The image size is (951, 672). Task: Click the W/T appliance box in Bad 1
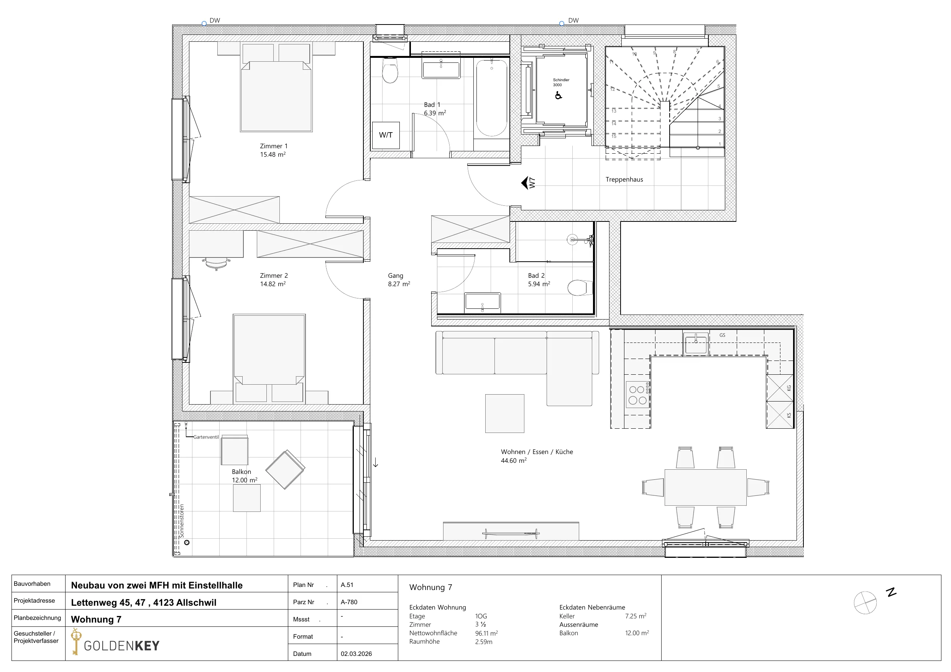386,135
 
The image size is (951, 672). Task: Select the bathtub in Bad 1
492,98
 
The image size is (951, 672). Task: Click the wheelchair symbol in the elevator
558,95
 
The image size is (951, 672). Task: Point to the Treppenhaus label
624,179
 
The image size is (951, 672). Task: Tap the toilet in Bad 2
580,287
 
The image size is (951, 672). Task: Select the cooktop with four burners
637,395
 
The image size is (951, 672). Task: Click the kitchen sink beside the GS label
696,344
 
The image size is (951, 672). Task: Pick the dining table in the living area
705,487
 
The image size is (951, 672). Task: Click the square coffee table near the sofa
504,413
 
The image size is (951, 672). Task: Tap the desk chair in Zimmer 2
216,263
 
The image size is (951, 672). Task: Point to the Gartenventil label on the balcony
206,437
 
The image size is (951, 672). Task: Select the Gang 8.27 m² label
399,279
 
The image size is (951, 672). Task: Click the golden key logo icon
76,641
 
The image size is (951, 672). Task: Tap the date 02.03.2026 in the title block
356,654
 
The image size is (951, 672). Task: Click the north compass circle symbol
865,602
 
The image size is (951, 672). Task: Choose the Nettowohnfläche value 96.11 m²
486,633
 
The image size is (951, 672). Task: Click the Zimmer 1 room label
273,150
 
